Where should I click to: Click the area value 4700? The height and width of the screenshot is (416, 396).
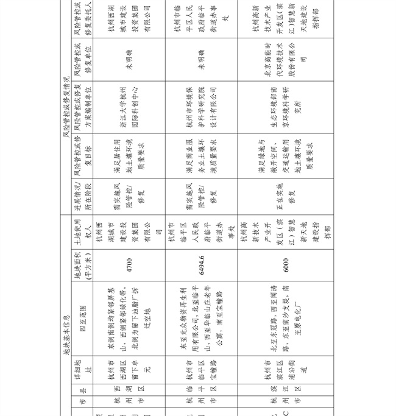click(130, 265)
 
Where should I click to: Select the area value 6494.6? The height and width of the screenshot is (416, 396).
click(201, 265)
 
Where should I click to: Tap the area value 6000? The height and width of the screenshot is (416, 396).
click(286, 265)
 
